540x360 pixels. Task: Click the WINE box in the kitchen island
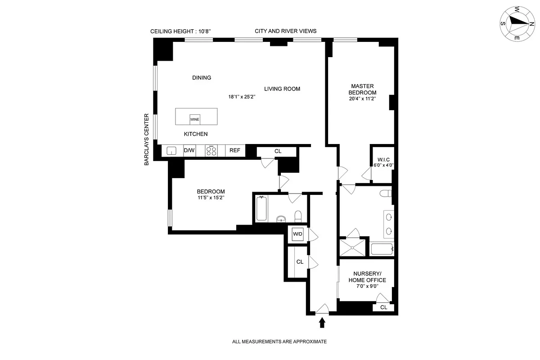coord(194,120)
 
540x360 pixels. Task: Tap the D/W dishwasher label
coord(189,151)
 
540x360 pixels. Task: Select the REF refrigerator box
coord(235,151)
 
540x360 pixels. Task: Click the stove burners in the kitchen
coord(211,151)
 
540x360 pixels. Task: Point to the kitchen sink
coord(171,151)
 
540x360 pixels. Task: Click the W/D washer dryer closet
coord(297,234)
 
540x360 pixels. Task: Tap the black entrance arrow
coord(322,322)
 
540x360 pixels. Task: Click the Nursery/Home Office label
coord(367,277)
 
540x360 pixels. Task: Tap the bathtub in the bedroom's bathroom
coord(261,208)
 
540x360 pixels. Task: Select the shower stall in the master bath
coord(354,247)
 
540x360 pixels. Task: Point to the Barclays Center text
coord(147,139)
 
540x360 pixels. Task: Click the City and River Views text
coord(285,31)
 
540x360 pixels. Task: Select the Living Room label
coord(282,89)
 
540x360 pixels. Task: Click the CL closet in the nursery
coord(383,307)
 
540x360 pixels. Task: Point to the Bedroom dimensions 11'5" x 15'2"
coord(211,198)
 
